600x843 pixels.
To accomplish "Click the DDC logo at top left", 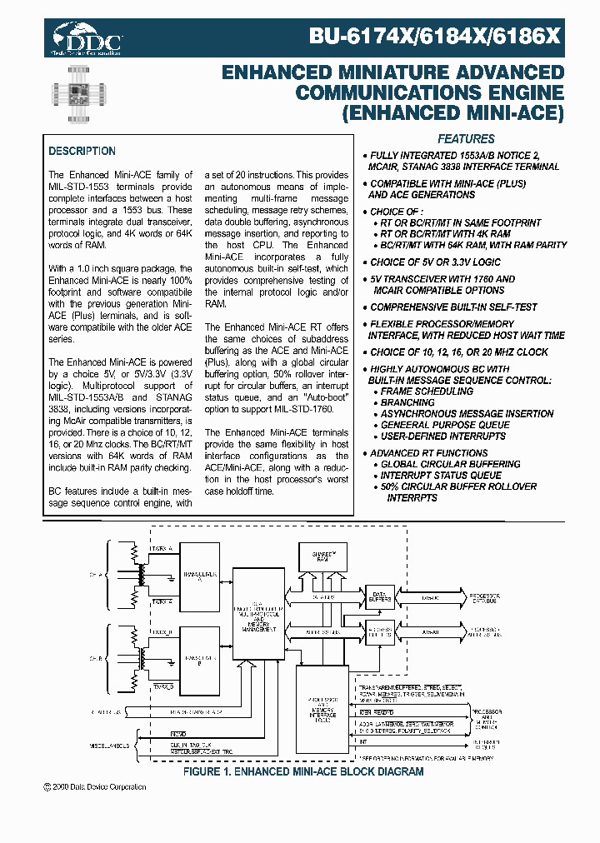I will pyautogui.click(x=87, y=37).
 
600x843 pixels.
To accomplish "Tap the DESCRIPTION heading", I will pyautogui.click(x=82, y=151).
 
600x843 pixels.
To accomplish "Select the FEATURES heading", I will pyautogui.click(x=466, y=139).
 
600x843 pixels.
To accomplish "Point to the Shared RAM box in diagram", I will pyautogui.click(x=322, y=556).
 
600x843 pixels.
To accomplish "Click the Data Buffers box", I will pyautogui.click(x=379, y=596).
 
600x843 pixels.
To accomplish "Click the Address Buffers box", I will pyautogui.click(x=379, y=632).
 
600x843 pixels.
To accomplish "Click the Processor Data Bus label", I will pyautogui.click(x=482, y=597).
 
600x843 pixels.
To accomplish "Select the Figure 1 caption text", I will pyautogui.click(x=303, y=771).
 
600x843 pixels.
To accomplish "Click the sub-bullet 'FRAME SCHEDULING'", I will pyautogui.click(x=427, y=391).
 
